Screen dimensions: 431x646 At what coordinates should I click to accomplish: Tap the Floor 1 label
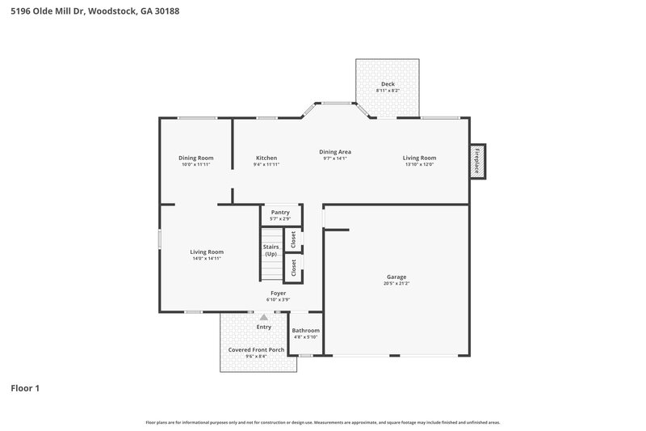click(x=25, y=388)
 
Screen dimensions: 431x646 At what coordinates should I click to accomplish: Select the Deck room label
click(x=388, y=84)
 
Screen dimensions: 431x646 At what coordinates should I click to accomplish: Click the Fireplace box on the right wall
click(x=477, y=161)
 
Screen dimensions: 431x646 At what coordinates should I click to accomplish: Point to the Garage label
click(x=396, y=277)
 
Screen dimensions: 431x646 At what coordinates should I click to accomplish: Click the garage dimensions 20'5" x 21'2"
click(x=396, y=284)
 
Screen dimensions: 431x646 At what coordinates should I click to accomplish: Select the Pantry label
click(x=280, y=213)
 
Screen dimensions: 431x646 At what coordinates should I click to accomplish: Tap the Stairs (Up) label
click(x=271, y=250)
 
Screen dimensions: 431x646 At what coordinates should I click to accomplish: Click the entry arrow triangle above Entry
click(x=263, y=318)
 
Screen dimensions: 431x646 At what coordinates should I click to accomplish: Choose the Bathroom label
click(x=306, y=330)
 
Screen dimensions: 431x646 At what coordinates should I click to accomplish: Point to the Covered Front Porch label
click(x=256, y=349)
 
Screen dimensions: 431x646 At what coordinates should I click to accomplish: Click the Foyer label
click(x=278, y=293)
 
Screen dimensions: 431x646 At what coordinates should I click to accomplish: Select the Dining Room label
click(x=196, y=158)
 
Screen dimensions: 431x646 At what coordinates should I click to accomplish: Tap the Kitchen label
click(x=266, y=158)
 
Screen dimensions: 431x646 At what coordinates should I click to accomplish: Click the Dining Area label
click(x=334, y=151)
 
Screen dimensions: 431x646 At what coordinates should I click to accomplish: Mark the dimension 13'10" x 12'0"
click(x=419, y=165)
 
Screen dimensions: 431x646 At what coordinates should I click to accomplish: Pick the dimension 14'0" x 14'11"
click(x=207, y=259)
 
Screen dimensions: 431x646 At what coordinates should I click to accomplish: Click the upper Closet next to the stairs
click(x=293, y=239)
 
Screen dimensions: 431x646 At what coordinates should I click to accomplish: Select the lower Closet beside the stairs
click(x=293, y=268)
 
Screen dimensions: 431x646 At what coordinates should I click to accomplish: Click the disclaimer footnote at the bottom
click(x=322, y=422)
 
